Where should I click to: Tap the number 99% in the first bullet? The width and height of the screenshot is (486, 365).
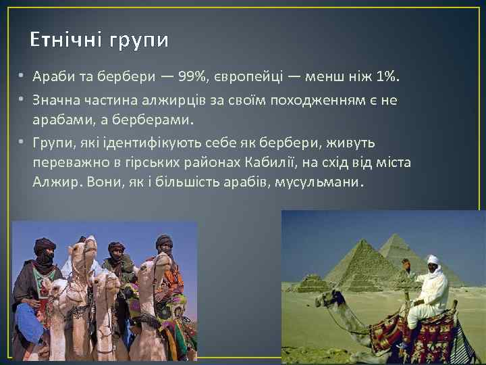[x=194, y=78]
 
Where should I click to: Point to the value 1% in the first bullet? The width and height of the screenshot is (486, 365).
[x=387, y=78]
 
